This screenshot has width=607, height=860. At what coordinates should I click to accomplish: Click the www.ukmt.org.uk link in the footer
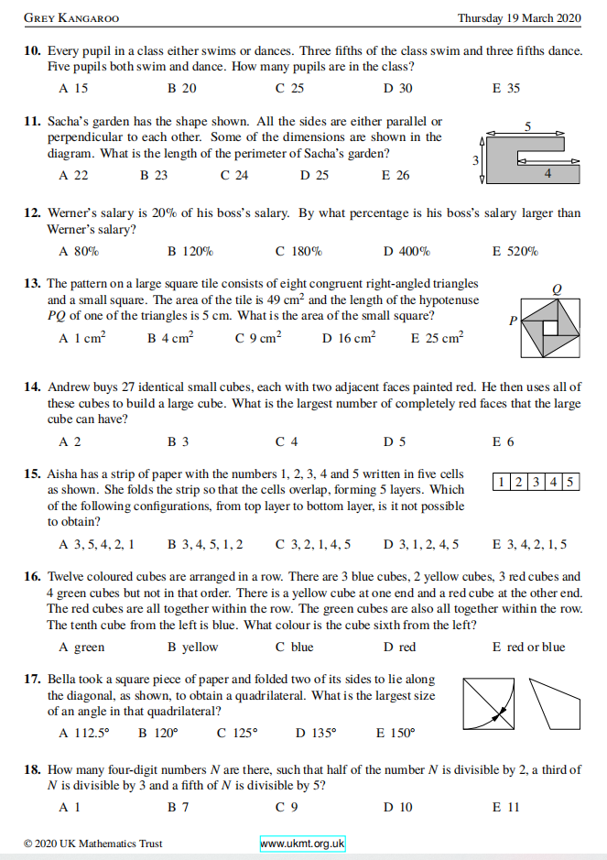302,844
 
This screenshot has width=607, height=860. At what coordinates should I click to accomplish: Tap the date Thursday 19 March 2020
519,18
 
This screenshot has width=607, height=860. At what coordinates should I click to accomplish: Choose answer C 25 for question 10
289,89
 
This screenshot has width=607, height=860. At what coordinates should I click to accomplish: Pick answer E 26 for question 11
396,175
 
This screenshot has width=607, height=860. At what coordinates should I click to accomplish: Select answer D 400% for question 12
406,251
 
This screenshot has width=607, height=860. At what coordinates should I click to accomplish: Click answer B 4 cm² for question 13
170,338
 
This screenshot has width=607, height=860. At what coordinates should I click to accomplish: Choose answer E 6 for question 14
503,441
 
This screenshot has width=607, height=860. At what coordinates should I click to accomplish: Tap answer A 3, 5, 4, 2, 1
96,544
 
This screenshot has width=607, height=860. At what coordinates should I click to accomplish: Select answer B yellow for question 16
192,647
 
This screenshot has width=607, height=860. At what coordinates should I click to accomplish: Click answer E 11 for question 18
505,807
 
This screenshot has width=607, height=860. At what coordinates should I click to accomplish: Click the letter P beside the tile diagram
514,321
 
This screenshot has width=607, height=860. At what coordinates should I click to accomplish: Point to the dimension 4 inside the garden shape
547,172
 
